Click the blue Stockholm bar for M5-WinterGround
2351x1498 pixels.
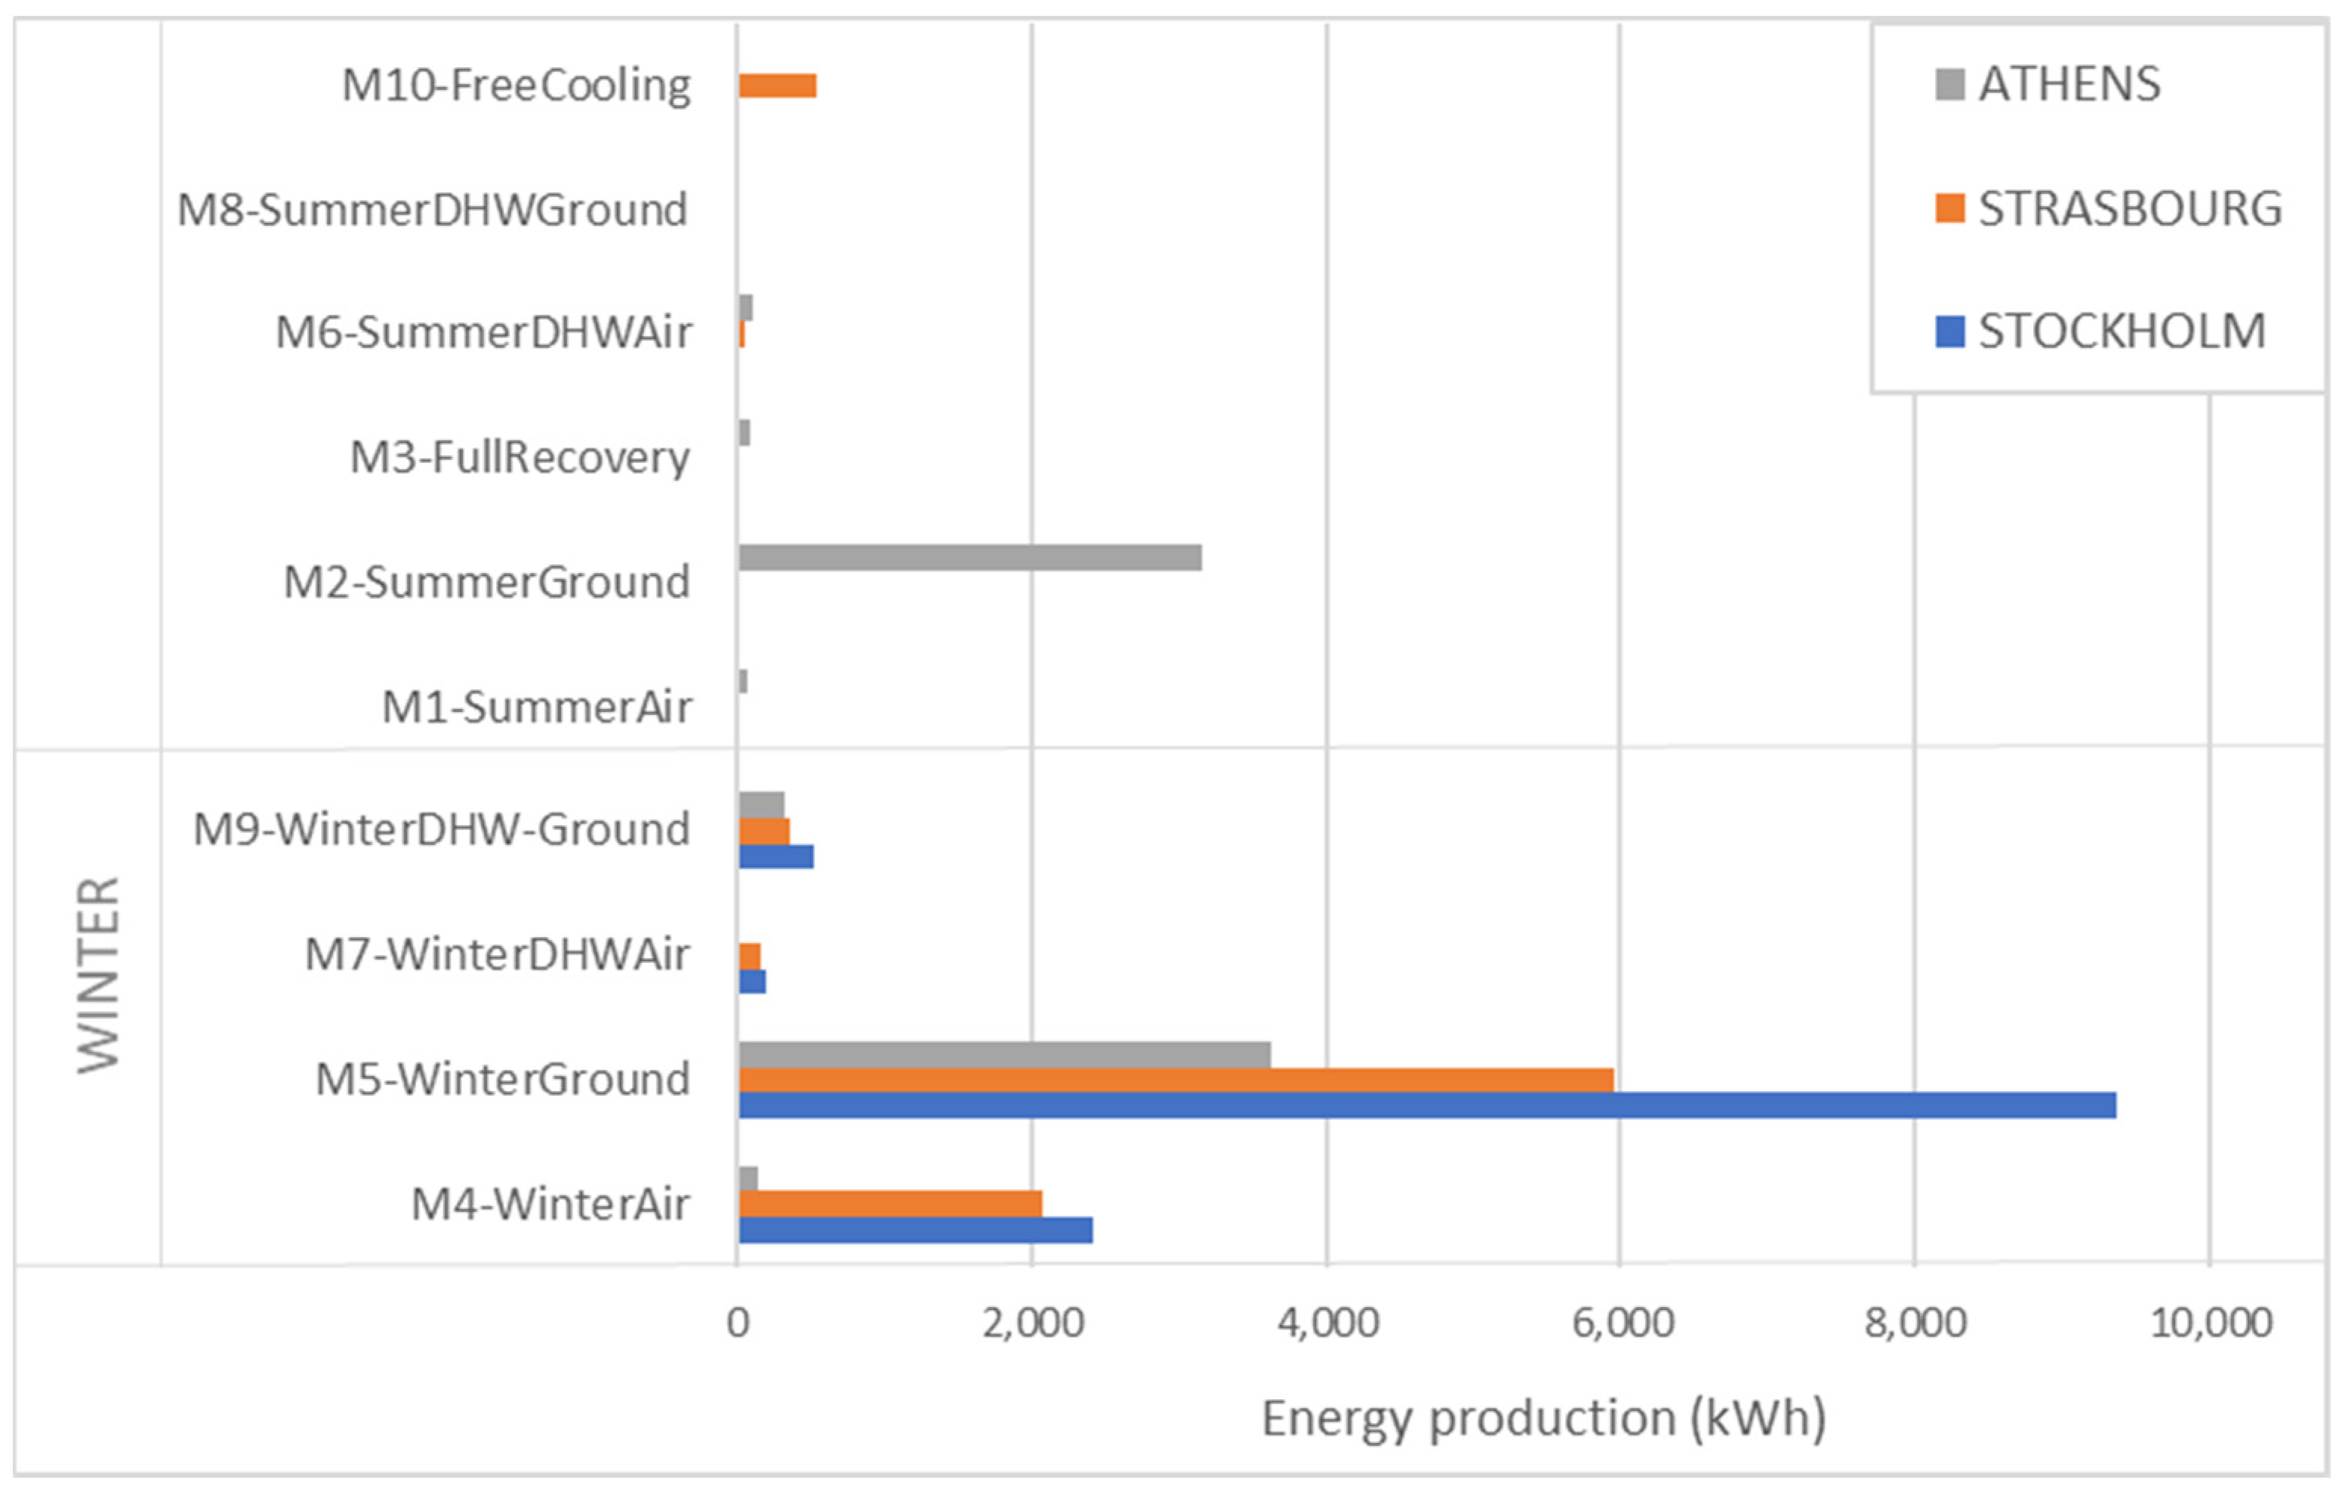1425,1105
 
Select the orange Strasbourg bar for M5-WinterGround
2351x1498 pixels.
1175,1080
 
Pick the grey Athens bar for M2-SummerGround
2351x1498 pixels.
969,558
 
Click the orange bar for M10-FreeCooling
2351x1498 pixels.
777,86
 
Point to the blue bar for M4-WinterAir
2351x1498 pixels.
915,1229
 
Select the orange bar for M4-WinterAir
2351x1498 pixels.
889,1204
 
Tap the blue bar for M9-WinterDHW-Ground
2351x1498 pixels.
775,856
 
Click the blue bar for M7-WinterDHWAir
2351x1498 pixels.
752,981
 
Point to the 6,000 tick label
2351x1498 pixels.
1622,1323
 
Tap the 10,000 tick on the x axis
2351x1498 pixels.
2211,1323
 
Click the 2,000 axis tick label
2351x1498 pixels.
1033,1323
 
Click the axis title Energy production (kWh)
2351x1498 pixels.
1542,1418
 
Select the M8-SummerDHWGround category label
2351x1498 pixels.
433,210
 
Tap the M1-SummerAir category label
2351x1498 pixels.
536,707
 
